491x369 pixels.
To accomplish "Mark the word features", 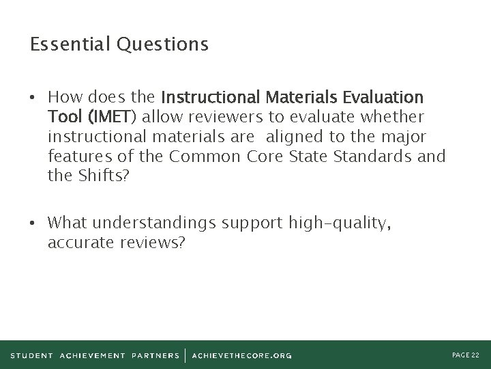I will point(78,156).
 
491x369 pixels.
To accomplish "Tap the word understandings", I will point(159,223).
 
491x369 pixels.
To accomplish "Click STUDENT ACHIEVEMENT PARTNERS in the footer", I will point(95,355).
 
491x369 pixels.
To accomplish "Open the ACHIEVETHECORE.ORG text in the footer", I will point(242,355).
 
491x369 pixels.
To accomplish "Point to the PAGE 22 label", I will point(465,354).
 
